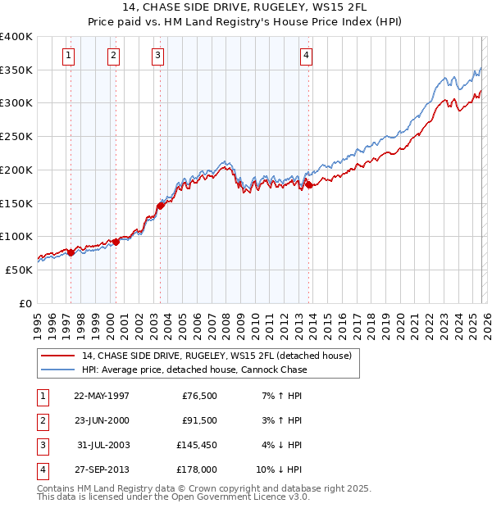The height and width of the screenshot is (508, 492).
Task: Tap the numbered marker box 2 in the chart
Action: (112, 56)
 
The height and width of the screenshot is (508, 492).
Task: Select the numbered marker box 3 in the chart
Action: (157, 56)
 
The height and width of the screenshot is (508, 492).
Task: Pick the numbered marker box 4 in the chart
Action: (305, 56)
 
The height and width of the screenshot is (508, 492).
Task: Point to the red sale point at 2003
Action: (161, 206)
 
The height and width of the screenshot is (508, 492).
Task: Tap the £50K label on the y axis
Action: (19, 270)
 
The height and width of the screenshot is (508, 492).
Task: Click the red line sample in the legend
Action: (57, 356)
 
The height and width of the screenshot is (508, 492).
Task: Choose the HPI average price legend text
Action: (194, 370)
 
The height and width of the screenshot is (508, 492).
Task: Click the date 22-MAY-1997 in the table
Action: (102, 396)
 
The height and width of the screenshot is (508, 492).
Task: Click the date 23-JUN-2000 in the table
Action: (102, 420)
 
